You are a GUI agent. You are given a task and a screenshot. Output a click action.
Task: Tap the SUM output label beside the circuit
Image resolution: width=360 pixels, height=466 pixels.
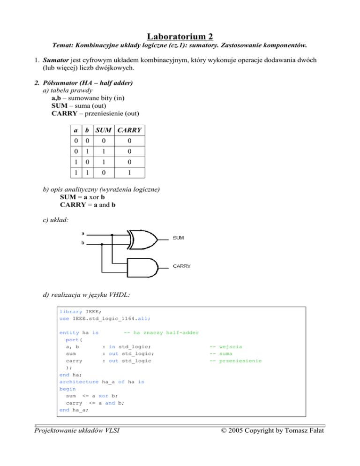(x=179, y=238)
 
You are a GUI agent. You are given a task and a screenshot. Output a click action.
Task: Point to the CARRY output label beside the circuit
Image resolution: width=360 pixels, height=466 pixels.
(x=182, y=266)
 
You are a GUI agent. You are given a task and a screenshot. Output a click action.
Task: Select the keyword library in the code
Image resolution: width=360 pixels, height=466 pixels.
(x=71, y=311)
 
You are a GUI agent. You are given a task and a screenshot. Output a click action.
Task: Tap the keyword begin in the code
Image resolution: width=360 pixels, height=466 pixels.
(x=67, y=389)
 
